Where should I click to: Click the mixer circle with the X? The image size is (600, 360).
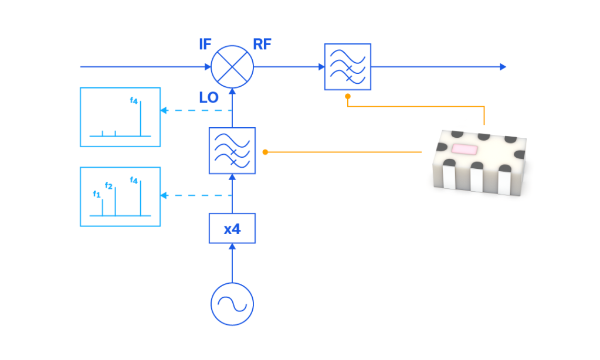pos(232,67)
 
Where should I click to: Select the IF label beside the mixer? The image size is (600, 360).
pos(205,45)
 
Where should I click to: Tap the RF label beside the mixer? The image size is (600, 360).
pos(262,45)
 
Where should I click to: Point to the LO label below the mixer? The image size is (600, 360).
pos(209,98)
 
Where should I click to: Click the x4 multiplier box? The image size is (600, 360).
pos(232,229)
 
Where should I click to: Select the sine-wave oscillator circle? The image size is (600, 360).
pos(232,304)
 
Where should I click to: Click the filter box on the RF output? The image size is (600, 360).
pos(348,67)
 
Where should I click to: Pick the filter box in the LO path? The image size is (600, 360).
pos(232,151)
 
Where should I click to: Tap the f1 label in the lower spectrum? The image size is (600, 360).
pos(97,193)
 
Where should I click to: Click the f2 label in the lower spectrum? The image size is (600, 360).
pos(109,186)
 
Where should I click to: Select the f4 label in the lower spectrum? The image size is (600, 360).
pos(134,181)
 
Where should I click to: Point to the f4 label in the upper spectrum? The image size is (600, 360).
pos(134,101)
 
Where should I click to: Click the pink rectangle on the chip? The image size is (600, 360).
pos(463,149)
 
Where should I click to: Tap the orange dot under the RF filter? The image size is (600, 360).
pos(348,96)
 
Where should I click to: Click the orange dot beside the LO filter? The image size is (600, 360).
pos(265,152)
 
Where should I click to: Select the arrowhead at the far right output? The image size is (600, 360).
pos(503,67)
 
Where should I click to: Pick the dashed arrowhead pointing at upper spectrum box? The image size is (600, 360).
pos(164,110)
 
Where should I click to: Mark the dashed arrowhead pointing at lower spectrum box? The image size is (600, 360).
pos(164,195)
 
